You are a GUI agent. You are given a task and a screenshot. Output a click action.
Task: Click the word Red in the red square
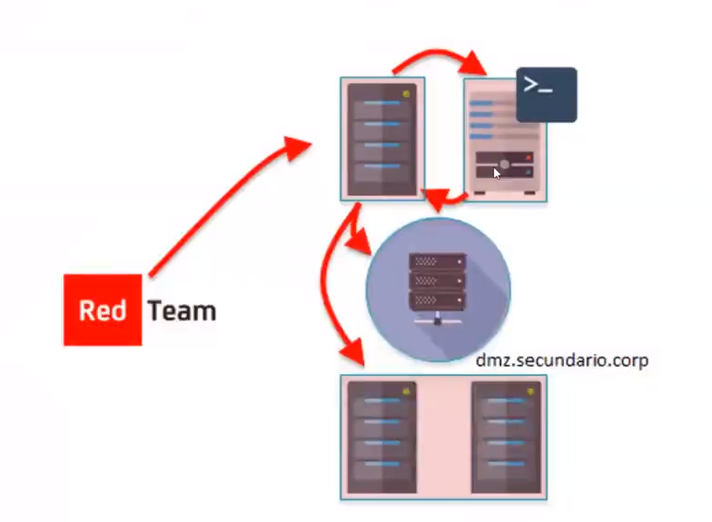(x=103, y=310)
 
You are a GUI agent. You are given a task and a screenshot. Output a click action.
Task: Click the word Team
(x=181, y=311)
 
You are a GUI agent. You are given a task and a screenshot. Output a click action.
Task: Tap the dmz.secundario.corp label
(x=562, y=360)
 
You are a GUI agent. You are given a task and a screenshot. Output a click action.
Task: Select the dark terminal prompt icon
(x=546, y=95)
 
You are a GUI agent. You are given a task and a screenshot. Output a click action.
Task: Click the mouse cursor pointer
(x=497, y=174)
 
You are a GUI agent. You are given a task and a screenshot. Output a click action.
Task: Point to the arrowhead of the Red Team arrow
(x=296, y=146)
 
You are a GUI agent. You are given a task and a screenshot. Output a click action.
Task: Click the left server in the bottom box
(x=382, y=437)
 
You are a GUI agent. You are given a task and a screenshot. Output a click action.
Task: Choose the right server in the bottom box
(x=507, y=437)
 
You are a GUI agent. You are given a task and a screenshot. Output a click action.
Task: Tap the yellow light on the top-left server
(x=406, y=94)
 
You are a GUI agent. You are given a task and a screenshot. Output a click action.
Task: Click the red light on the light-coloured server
(x=528, y=157)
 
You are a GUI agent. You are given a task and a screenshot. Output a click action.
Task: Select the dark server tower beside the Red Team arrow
(x=382, y=140)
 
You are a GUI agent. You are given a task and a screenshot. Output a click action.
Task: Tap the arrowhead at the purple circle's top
(x=436, y=200)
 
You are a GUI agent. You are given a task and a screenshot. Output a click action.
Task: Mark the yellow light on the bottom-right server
(x=530, y=392)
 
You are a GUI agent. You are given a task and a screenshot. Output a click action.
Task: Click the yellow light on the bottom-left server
(x=406, y=392)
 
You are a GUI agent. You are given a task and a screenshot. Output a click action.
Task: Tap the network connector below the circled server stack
(x=437, y=319)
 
